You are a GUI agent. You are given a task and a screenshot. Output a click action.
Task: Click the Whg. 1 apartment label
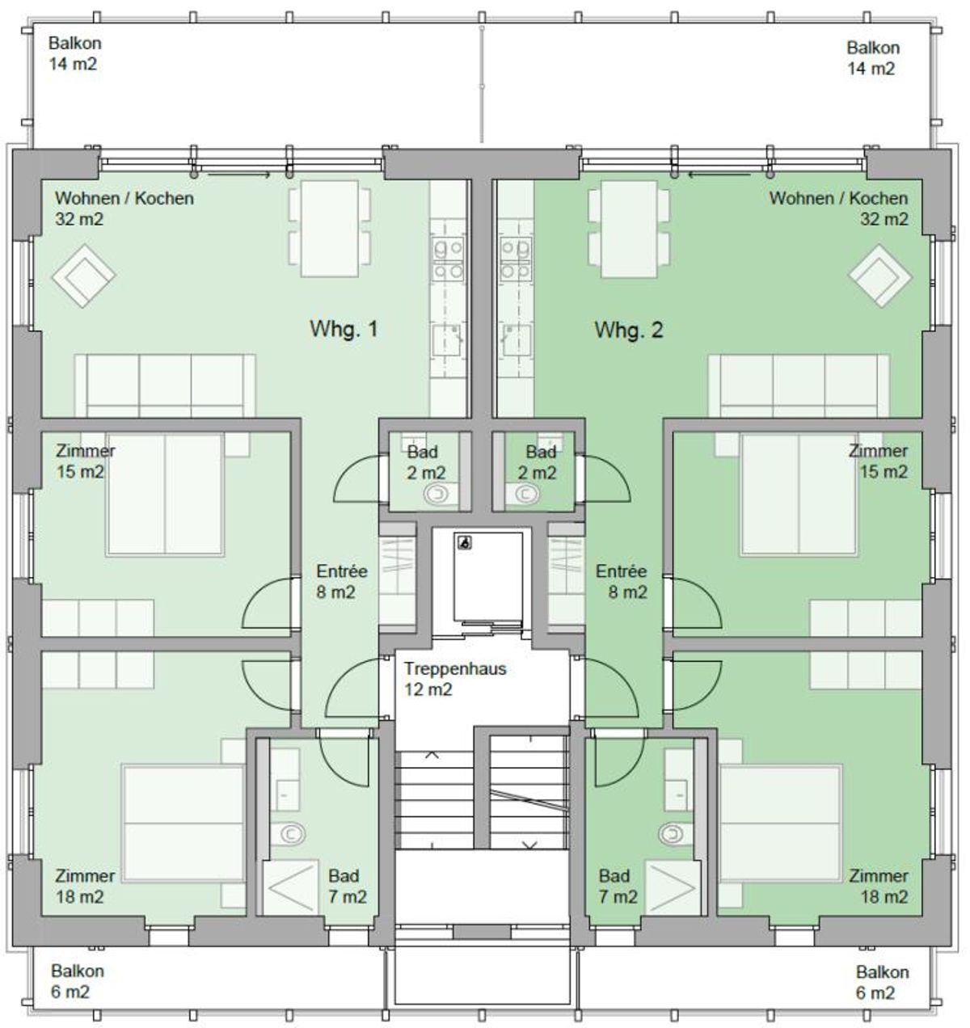click(344, 329)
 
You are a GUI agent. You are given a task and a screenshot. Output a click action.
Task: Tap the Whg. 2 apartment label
click(629, 330)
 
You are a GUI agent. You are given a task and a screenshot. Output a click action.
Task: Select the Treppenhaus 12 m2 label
click(455, 679)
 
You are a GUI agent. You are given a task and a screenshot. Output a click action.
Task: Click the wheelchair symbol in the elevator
click(464, 542)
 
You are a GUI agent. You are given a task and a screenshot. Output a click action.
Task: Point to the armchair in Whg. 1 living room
click(83, 276)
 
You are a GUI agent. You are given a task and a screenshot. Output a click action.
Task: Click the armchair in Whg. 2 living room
click(880, 276)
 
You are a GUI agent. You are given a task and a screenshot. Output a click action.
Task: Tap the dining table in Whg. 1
click(330, 228)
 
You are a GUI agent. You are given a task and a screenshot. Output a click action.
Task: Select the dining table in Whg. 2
click(629, 228)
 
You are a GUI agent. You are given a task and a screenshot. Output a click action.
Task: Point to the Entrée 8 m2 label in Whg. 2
click(622, 581)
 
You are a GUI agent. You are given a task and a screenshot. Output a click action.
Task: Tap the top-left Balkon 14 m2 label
click(74, 53)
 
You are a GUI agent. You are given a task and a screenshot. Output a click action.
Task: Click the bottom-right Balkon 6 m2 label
click(882, 983)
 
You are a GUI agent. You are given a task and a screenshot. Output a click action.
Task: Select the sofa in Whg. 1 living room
click(165, 385)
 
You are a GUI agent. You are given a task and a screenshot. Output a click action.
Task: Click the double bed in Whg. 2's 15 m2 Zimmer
click(798, 495)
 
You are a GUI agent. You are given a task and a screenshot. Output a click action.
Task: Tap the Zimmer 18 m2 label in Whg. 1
click(85, 887)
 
